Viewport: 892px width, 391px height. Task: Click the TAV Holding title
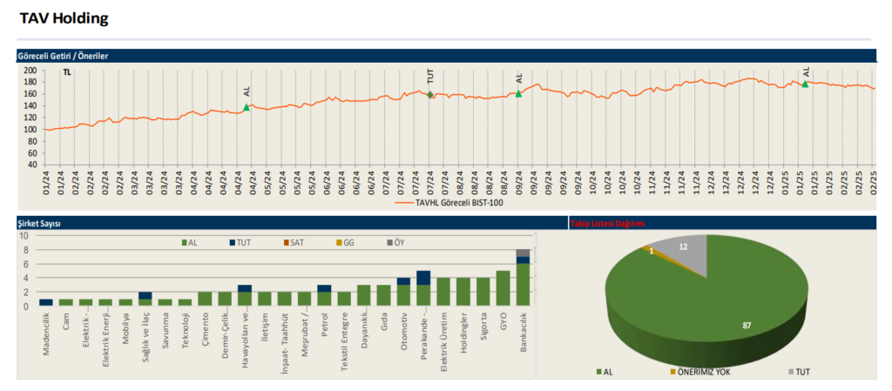pos(64,17)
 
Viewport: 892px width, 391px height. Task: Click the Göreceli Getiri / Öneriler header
pos(63,56)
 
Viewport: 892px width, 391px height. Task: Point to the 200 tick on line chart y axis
pos(30,71)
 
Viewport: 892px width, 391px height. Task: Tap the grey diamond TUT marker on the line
pos(430,95)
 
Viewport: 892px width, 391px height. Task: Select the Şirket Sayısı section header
pos(38,223)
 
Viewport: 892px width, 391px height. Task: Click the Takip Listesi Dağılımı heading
pos(607,224)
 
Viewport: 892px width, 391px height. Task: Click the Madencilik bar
pos(45,302)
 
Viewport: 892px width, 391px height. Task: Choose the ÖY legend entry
pos(395,242)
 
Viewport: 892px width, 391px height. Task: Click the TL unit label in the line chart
pos(67,72)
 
